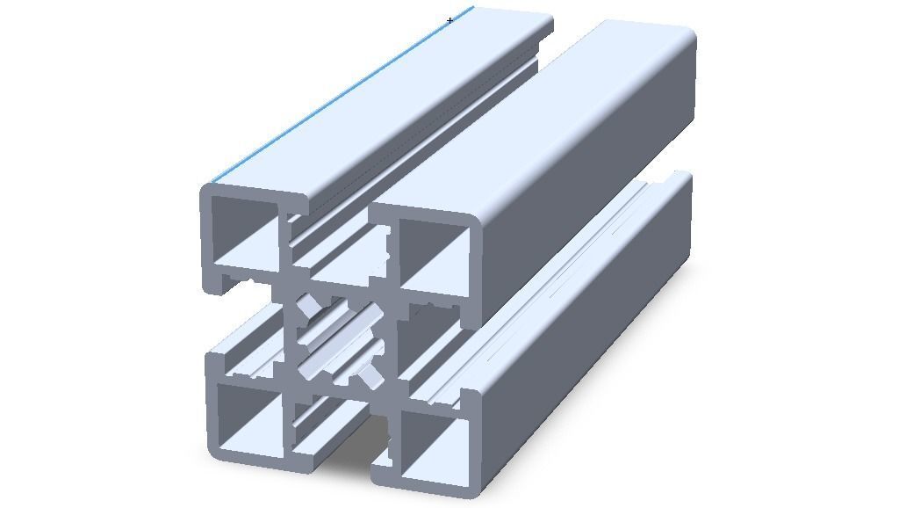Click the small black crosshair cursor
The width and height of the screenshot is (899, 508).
coord(450,20)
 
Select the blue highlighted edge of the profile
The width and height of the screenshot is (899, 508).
coord(342,97)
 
